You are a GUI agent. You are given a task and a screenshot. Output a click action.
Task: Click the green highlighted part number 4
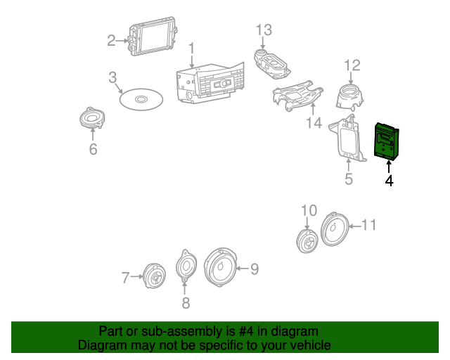coord(386,141)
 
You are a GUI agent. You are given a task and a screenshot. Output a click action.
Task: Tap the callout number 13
coord(264,30)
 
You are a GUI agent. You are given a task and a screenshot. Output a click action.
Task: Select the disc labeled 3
coord(141,99)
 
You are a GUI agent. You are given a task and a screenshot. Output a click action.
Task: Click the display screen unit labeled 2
coord(153,36)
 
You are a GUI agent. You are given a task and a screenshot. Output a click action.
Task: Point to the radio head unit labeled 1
coord(210,83)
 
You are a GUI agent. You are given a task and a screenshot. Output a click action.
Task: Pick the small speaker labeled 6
coord(92,117)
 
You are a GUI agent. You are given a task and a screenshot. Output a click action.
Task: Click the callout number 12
coord(352,65)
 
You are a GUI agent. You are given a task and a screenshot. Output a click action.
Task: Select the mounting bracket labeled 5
coord(347,138)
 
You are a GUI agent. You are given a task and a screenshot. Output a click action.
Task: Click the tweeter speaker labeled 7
coord(154,276)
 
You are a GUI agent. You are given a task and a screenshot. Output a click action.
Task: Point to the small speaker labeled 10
coord(307,241)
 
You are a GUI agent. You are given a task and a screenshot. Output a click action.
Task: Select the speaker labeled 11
coord(335,229)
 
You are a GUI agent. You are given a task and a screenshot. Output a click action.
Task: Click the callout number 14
coord(314,123)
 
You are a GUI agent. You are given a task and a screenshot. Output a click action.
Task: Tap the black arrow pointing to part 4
coord(389,167)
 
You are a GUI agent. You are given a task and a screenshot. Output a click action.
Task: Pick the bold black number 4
coord(389,181)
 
